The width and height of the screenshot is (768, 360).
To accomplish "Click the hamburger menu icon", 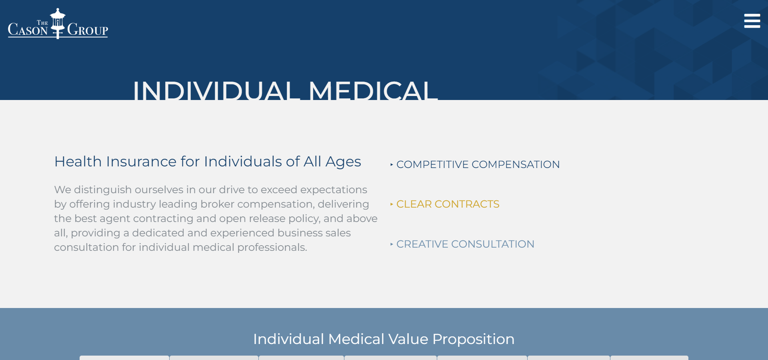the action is pos(752,21).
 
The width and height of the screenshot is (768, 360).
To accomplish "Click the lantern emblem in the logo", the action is pos(58,23).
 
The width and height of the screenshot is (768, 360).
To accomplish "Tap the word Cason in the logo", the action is pos(28,29).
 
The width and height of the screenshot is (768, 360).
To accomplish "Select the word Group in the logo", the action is pos(88,29).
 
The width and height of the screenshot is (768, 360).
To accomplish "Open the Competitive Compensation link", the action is pos(478,164).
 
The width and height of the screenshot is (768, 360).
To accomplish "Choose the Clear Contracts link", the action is pos(448,204).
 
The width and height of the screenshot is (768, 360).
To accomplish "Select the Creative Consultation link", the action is pos(465,244).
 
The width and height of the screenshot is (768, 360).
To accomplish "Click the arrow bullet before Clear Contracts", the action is pos(392,204).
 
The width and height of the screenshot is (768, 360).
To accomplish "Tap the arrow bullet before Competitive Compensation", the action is pos(392,164).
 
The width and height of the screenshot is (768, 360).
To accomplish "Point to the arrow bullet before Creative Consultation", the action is pos(392,244).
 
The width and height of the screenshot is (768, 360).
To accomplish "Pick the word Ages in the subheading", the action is pos(343,162).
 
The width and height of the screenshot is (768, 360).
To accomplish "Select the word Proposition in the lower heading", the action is pos(474,339).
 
